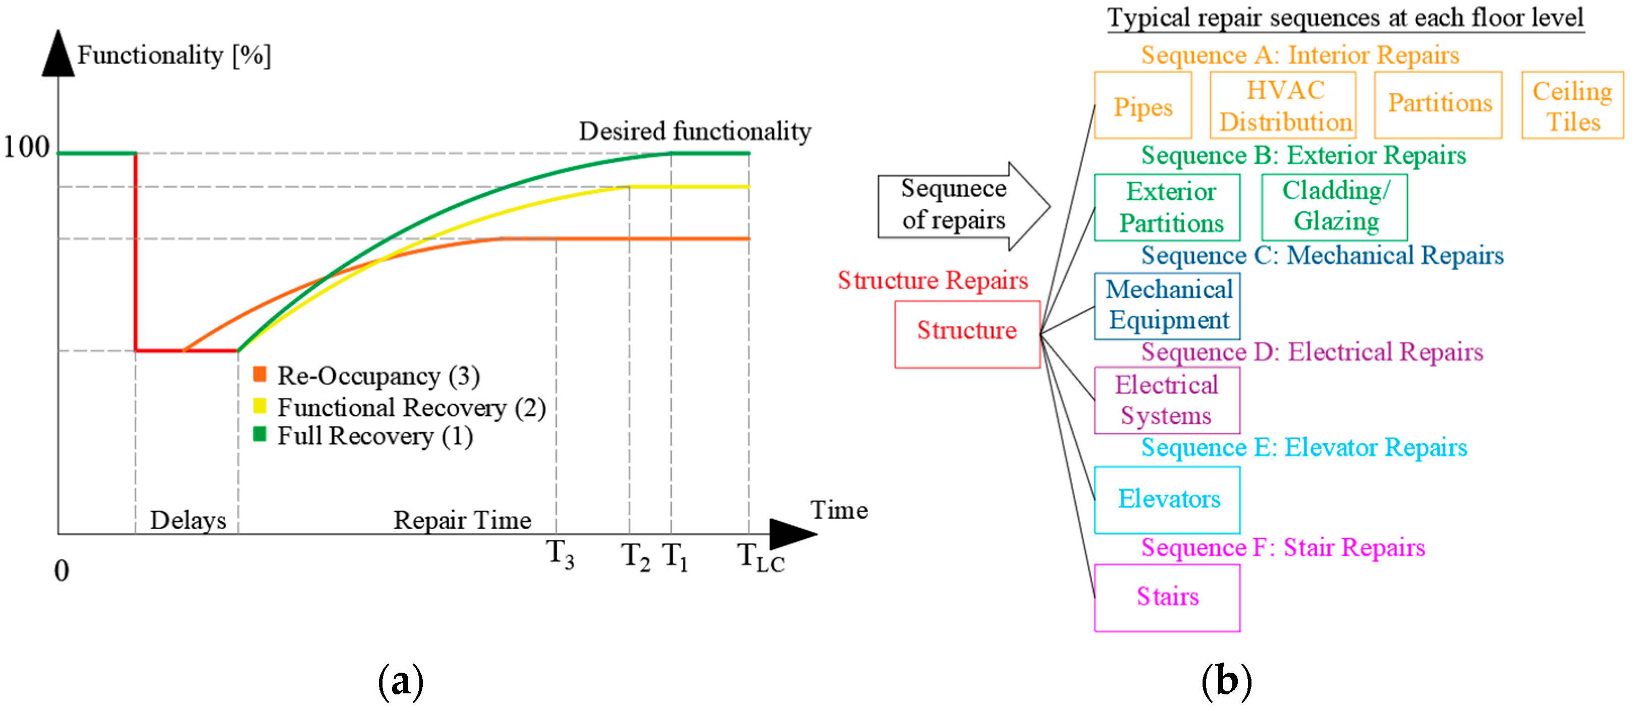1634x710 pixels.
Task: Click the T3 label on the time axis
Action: pos(561,555)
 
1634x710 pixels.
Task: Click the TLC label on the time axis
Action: pos(760,558)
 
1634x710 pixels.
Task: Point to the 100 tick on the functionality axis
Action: pos(27,147)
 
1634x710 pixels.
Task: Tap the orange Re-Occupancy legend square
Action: pos(259,374)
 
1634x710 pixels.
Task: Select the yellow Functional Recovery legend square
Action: pos(259,405)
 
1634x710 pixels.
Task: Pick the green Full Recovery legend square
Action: pos(259,434)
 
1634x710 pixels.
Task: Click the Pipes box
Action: pos(1142,105)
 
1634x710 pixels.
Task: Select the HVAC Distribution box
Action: pos(1283,105)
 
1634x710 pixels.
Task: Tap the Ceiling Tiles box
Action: pos(1572,105)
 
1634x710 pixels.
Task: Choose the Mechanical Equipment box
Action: pos(1167,306)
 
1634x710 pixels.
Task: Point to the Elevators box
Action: pos(1167,500)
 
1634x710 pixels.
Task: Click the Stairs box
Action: pos(1167,597)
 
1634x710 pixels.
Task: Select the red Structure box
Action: pos(967,333)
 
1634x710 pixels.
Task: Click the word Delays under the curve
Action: pos(188,520)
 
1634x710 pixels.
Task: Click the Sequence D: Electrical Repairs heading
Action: pos(1311,352)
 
